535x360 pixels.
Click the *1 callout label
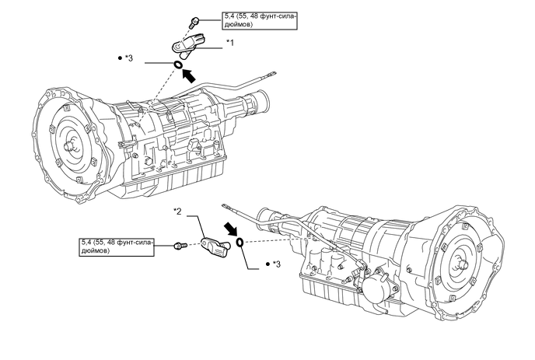[231, 43]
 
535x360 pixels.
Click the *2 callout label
[177, 211]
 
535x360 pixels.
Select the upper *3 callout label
[125, 58]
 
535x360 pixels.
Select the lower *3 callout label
[273, 264]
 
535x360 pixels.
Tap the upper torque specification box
[260, 20]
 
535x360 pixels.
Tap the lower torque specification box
[117, 246]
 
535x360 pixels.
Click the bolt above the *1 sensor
[194, 23]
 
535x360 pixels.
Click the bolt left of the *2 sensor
[180, 246]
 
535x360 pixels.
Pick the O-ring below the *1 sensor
[178, 65]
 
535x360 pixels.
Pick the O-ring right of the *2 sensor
[240, 243]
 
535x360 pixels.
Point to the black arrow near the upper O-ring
[189, 75]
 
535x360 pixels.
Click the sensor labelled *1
[188, 44]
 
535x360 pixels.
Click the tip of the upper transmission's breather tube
[273, 73]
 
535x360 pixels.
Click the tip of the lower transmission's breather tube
[226, 206]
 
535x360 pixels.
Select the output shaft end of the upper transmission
[262, 100]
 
